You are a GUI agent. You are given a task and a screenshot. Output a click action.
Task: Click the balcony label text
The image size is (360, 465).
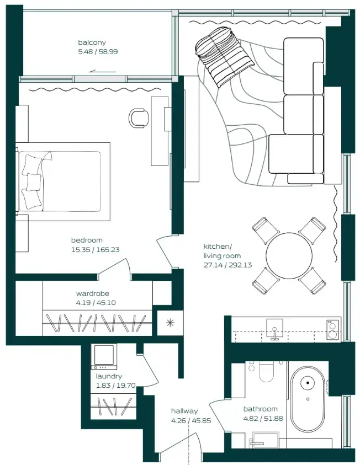click(x=92, y=42)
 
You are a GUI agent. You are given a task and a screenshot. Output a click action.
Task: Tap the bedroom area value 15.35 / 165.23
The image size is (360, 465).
click(x=95, y=249)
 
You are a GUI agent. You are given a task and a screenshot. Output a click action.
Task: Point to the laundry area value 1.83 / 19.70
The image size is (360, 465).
click(x=115, y=386)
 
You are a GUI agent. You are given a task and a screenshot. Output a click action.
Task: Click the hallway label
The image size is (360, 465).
click(x=184, y=411)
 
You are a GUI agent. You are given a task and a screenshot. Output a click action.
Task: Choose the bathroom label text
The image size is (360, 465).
click(x=260, y=409)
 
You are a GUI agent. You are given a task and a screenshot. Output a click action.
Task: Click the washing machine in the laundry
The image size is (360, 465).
click(x=104, y=356)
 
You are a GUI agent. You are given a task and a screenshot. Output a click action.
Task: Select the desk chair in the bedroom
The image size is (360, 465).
click(x=139, y=117)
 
